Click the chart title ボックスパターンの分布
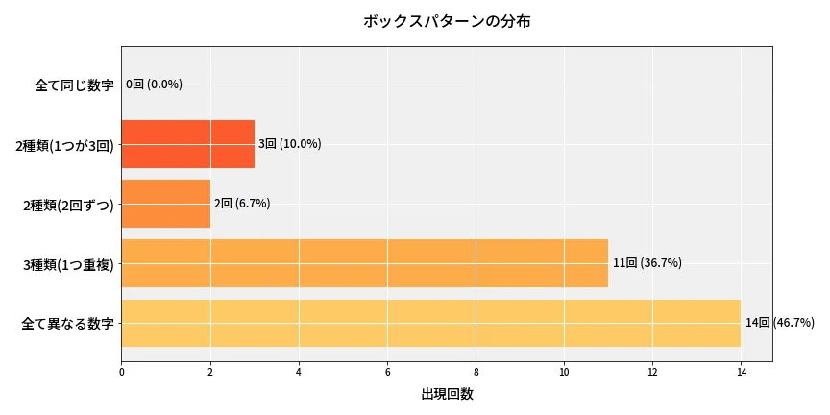[x=446, y=21]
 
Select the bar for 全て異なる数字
[x=430, y=323]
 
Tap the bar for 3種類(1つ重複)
[x=364, y=263]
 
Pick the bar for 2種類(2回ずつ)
[x=165, y=204]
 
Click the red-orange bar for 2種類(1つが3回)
[x=187, y=144]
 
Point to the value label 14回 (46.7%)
[x=779, y=323]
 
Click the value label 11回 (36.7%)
[x=647, y=263]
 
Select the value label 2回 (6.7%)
[x=242, y=204]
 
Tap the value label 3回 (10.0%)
[x=289, y=144]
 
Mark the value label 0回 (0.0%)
[x=154, y=85]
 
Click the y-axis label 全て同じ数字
[x=74, y=85]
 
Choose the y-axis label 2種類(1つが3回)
[x=64, y=145]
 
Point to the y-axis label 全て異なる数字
[x=67, y=324]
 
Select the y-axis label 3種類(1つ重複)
[x=68, y=264]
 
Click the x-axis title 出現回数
[x=447, y=394]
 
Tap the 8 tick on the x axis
[x=476, y=371]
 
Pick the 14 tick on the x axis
[x=741, y=371]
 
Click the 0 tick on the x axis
[x=122, y=371]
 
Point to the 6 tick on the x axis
[x=387, y=371]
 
